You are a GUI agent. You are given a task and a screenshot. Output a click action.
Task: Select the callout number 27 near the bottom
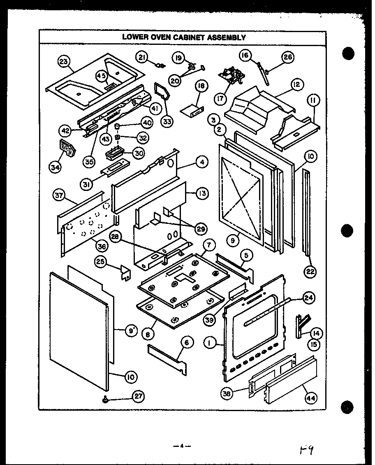[138, 396]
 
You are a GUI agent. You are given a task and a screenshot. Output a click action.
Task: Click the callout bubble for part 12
[296, 85]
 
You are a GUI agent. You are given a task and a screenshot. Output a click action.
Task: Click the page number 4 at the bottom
[183, 446]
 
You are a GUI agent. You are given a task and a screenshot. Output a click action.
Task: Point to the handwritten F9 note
[308, 450]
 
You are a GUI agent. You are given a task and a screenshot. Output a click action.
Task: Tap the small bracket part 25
[125, 273]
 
